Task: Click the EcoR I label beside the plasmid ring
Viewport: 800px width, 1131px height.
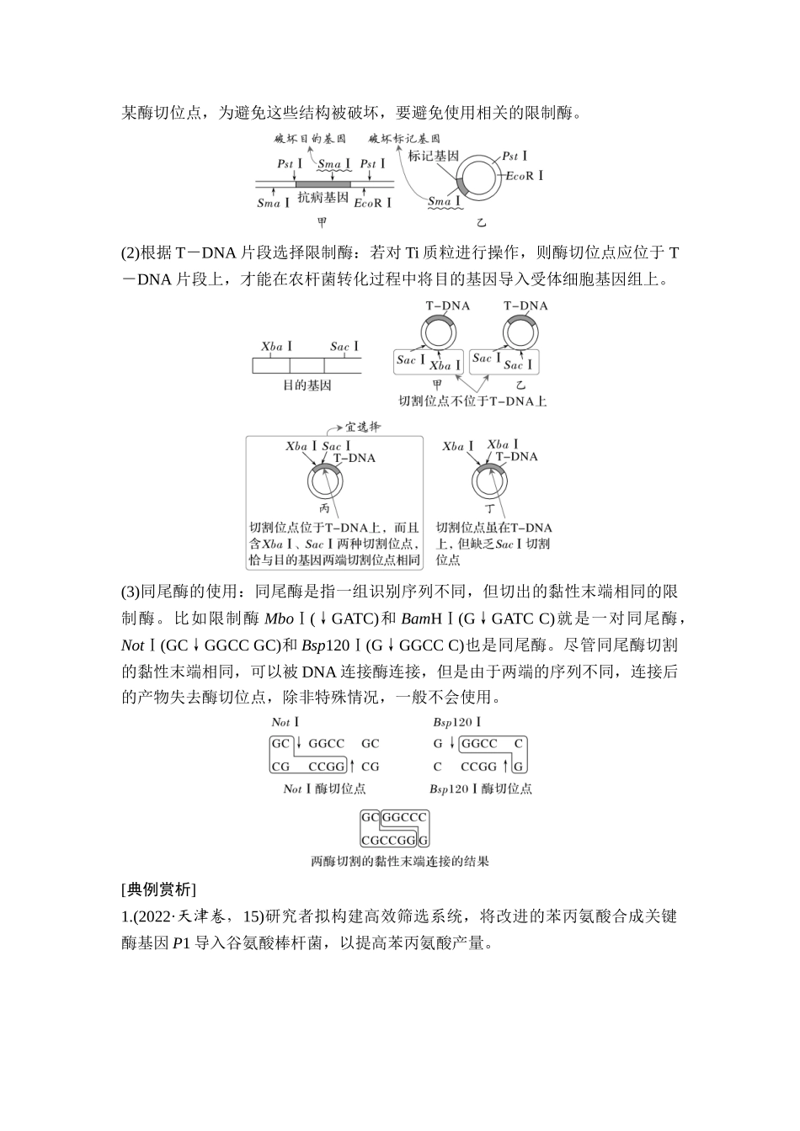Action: [x=524, y=175]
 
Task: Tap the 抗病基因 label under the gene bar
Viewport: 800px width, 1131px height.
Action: [x=323, y=198]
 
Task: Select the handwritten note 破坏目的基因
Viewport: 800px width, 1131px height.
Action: [x=310, y=138]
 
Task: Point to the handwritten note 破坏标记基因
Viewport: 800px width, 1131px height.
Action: [x=404, y=138]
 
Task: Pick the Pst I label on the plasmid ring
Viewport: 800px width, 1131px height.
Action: [x=515, y=156]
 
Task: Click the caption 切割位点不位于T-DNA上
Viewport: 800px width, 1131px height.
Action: [x=472, y=401]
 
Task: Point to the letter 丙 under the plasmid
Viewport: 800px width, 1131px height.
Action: [x=325, y=508]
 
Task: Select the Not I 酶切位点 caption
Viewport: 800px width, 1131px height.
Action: [x=324, y=789]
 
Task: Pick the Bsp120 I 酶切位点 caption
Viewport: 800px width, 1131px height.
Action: [x=480, y=789]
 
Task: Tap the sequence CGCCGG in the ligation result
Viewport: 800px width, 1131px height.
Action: [x=389, y=840]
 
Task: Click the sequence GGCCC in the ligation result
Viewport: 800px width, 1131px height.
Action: [x=405, y=817]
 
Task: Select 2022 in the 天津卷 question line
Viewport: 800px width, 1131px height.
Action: [x=152, y=916]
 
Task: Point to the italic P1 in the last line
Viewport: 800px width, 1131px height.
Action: [x=182, y=943]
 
